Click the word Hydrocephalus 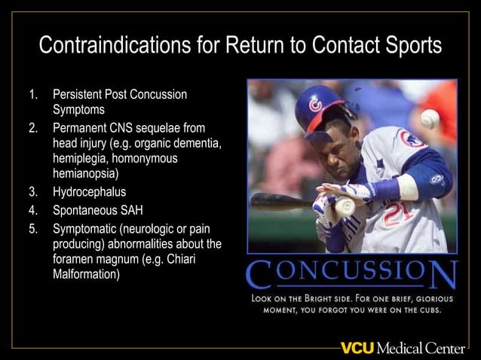(89, 191)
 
